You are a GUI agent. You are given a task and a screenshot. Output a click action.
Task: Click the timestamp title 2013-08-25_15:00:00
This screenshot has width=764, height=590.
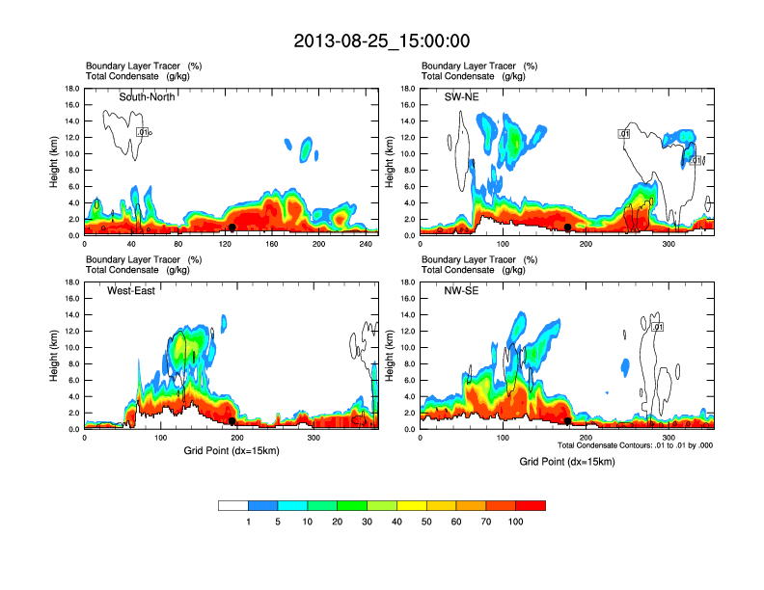381,40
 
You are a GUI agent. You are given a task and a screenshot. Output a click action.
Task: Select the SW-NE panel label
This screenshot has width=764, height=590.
460,97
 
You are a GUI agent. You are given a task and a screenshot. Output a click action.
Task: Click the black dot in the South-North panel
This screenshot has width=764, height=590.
232,228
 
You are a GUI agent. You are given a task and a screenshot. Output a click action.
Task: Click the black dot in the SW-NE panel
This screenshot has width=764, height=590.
568,227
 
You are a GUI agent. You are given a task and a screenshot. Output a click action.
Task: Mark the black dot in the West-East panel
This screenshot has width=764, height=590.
232,421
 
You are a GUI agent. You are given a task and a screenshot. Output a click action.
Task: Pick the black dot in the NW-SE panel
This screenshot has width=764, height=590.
568,421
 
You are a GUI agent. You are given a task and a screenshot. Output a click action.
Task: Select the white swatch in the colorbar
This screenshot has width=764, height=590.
233,505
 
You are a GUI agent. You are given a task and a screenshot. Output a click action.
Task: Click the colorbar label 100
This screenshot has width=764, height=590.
516,522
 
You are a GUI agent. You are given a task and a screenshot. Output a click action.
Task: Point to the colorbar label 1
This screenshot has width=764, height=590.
249,522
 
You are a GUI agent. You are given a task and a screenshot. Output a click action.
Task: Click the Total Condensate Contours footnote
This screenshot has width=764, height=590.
636,445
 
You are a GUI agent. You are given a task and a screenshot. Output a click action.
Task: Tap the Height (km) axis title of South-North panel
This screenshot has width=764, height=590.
55,162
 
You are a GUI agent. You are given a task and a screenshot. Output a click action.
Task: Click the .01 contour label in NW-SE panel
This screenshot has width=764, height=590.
658,328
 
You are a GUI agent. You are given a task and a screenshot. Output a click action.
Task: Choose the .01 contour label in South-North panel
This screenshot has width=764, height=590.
142,131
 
